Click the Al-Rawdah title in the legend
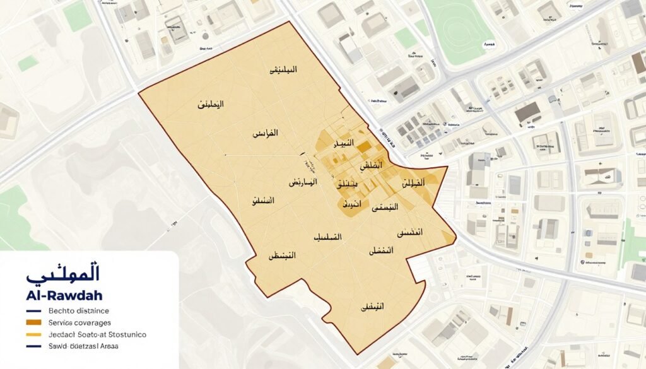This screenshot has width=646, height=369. point(64,295)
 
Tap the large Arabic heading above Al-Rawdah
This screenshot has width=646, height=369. point(63,276)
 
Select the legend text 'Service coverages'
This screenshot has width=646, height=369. point(78,322)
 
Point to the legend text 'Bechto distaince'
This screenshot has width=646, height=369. point(78,310)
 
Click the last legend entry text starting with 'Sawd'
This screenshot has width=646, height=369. point(83,346)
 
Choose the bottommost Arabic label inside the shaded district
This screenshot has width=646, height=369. point(372,307)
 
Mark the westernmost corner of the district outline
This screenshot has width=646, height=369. point(138,93)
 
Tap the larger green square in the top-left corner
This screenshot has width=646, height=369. point(78,16)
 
